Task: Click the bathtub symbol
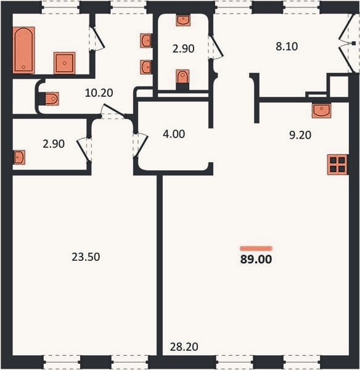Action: click(x=23, y=50)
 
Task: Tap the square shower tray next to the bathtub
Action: click(x=64, y=63)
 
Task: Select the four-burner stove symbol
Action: click(x=337, y=165)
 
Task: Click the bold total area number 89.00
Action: click(x=256, y=259)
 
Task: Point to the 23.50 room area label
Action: click(x=86, y=257)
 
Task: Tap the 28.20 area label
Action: click(x=184, y=347)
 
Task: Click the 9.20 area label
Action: click(x=300, y=135)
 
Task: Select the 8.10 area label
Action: click(x=287, y=46)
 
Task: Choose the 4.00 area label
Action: click(x=174, y=134)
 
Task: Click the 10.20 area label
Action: click(x=99, y=93)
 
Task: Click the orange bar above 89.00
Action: click(x=256, y=249)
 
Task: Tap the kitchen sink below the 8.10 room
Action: click(x=321, y=110)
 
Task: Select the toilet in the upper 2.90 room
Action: click(x=182, y=77)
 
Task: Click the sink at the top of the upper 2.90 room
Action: click(x=183, y=20)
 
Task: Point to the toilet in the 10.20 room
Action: click(x=52, y=99)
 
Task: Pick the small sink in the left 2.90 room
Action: click(x=19, y=157)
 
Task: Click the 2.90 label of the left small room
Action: click(x=54, y=144)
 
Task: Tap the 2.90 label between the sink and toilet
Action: click(x=183, y=49)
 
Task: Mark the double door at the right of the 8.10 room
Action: click(x=347, y=43)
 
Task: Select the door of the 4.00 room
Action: click(x=141, y=145)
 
